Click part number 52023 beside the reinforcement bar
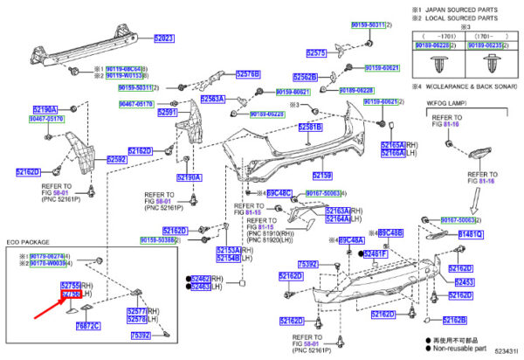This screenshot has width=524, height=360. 164,39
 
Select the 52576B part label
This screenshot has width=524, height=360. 249,74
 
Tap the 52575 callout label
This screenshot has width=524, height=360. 315,53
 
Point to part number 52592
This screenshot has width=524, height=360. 117,159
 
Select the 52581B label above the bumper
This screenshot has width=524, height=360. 310,128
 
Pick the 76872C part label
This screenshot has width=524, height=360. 87,326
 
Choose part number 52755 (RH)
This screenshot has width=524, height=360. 71,286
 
